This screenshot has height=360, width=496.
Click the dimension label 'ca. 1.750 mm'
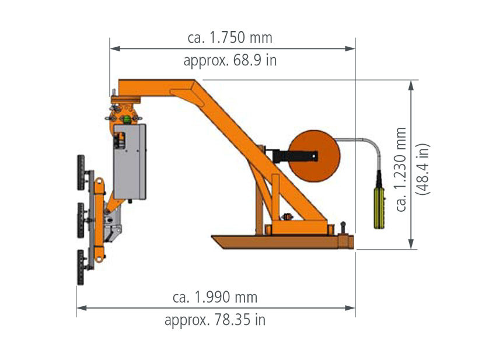click(x=230, y=38)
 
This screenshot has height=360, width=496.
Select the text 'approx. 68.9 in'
click(x=230, y=61)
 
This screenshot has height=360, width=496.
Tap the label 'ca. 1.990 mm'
click(x=215, y=298)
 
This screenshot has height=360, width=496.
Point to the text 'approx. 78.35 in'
click(x=215, y=320)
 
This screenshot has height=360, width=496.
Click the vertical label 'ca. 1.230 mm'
click(x=401, y=170)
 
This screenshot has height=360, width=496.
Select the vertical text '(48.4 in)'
click(x=423, y=169)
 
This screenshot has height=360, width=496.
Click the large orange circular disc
click(x=314, y=156)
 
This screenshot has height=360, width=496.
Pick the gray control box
click(x=130, y=162)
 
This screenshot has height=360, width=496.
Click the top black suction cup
click(x=81, y=173)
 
